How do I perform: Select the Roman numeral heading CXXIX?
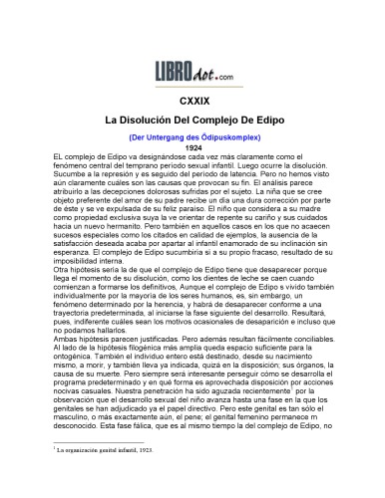click(193, 102)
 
